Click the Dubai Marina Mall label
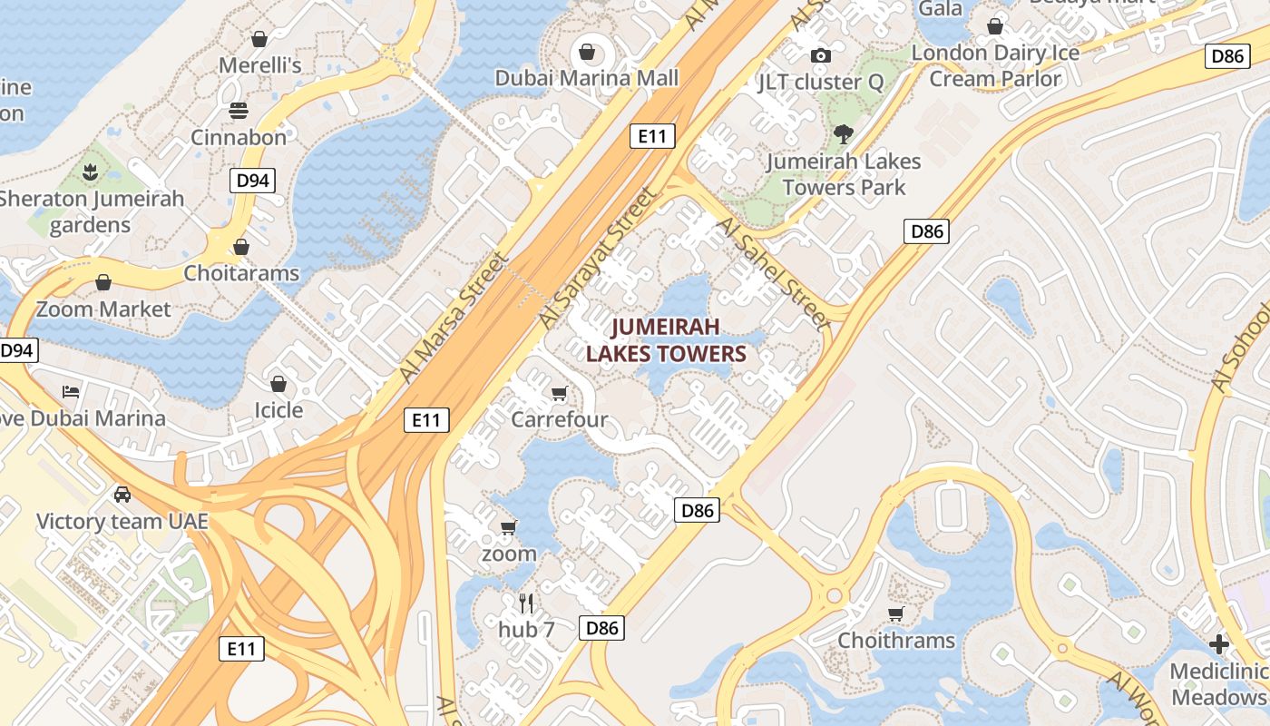click(586, 78)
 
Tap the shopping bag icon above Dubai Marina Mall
click(587, 51)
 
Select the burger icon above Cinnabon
click(239, 111)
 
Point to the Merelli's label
click(259, 65)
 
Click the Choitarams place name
click(241, 273)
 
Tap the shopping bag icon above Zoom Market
click(103, 282)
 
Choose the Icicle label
click(278, 410)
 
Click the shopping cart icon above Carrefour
click(559, 394)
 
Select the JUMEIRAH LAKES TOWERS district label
click(666, 340)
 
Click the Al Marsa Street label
click(454, 317)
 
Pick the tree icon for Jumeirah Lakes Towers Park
click(844, 134)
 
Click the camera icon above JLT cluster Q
click(821, 56)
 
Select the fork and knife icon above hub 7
click(526, 603)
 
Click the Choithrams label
click(896, 641)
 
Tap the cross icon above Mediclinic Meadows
click(1219, 644)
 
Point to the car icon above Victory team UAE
click(122, 495)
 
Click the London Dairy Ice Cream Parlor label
click(995, 65)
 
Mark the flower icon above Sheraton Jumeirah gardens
click(91, 172)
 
